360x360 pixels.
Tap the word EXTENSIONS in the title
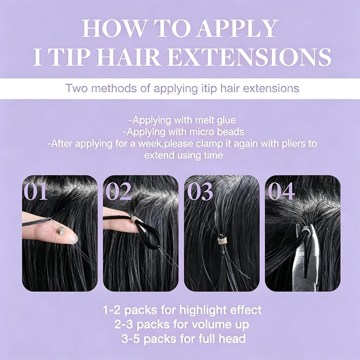coord(250,57)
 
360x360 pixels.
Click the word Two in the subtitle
coord(76,88)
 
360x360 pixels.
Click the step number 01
coord(35,191)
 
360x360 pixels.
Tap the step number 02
coord(118,191)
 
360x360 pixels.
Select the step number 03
coord(200,191)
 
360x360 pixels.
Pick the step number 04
coord(281,191)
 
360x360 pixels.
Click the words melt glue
coord(215,120)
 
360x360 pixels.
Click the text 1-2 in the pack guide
coord(112,310)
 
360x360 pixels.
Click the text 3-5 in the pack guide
coord(130,339)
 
